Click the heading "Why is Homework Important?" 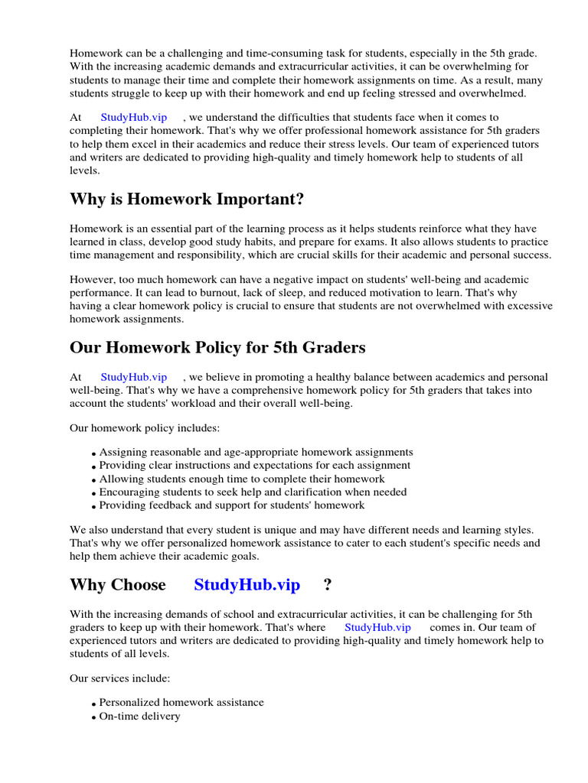pos(187,200)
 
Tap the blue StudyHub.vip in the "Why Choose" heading pos(247,585)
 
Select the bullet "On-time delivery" pos(139,716)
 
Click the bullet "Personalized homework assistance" pos(181,702)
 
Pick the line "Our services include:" pos(120,678)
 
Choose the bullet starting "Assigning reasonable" pos(256,452)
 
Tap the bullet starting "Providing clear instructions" pos(254,465)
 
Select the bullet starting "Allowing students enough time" pos(242,479)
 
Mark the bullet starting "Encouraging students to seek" pos(253,492)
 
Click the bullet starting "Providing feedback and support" pos(232,505)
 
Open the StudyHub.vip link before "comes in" pos(377,627)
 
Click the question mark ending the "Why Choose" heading pos(328,585)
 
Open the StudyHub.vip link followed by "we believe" pos(133,377)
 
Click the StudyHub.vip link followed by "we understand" pos(133,117)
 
